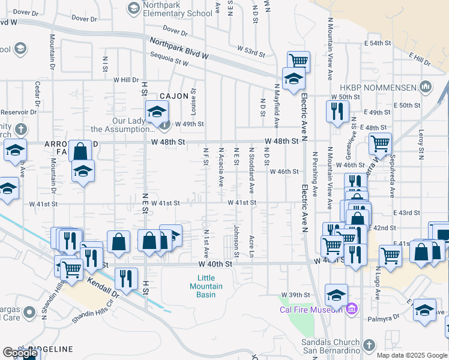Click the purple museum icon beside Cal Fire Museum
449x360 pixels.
(352, 310)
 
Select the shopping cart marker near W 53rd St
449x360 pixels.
(298, 60)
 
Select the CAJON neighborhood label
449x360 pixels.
(174, 96)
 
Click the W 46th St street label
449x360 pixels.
(284, 172)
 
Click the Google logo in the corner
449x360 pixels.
(20, 353)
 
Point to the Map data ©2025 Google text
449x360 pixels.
(412, 355)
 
